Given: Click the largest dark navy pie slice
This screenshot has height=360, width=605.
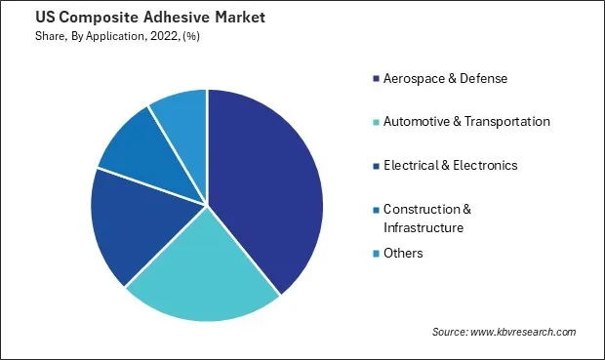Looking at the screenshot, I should click(x=268, y=185).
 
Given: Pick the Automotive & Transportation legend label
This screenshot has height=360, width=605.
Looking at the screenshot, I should click(x=466, y=121).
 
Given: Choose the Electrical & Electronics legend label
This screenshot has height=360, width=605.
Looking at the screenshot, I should click(x=450, y=165).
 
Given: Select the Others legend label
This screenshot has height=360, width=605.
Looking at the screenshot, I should click(x=404, y=253).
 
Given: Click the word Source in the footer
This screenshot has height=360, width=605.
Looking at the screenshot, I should click(x=452, y=332).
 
